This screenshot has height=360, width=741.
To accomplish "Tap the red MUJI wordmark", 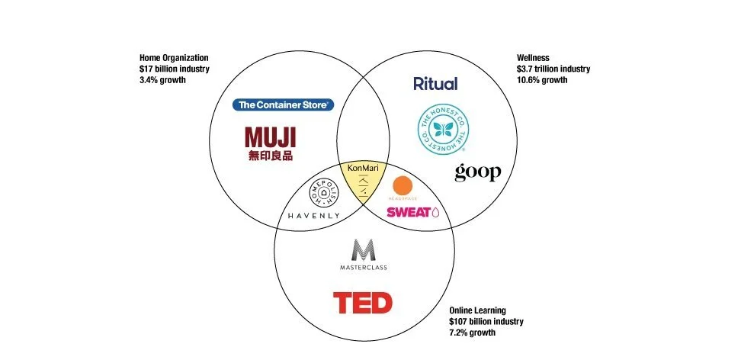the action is [x=270, y=137].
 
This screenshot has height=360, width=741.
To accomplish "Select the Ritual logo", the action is [x=435, y=84].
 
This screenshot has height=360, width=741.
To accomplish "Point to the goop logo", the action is [x=478, y=173].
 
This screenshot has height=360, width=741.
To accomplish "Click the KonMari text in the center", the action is [x=362, y=167].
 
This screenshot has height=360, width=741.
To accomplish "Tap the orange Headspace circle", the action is [x=402, y=185].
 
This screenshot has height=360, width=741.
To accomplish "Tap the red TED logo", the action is [x=362, y=303].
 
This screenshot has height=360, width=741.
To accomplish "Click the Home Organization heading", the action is [x=174, y=58].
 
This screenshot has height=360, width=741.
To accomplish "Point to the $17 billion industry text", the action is [x=175, y=69].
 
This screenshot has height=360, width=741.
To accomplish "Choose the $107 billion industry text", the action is [x=486, y=322].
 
